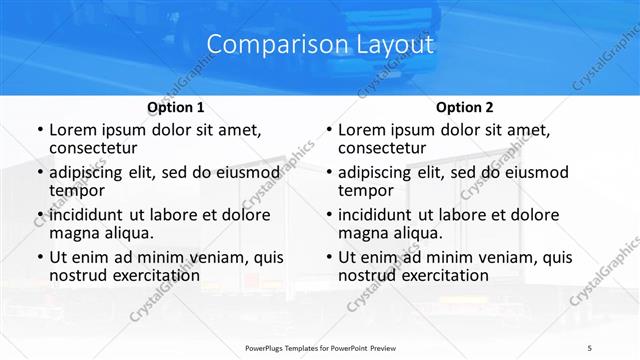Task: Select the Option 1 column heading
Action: [x=176, y=107]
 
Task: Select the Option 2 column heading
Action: [x=465, y=107]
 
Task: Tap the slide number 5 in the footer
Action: [x=590, y=347]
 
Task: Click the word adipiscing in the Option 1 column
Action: [x=93, y=172]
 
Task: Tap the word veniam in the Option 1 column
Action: [x=208, y=257]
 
